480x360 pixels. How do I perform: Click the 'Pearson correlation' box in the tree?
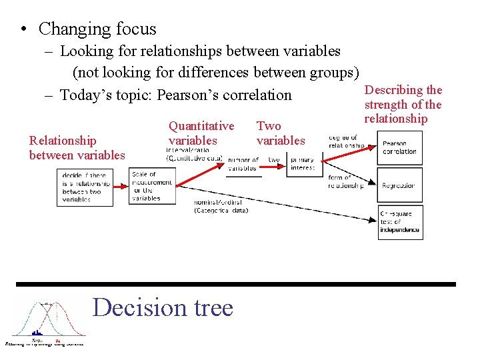[399, 147]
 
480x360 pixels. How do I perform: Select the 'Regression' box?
[399, 186]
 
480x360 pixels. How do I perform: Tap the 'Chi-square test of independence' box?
[399, 223]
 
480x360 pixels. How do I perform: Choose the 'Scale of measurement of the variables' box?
[151, 186]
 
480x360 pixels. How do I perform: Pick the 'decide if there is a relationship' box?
[85, 187]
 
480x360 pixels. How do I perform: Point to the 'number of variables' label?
[243, 164]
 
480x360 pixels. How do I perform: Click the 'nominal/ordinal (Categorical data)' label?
[220, 206]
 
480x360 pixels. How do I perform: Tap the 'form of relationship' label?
[345, 181]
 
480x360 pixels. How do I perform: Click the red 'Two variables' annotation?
[280, 133]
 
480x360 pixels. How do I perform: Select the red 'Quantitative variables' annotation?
[201, 133]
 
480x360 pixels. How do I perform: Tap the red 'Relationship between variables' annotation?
[77, 148]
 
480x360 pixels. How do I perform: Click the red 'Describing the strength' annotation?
[403, 105]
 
